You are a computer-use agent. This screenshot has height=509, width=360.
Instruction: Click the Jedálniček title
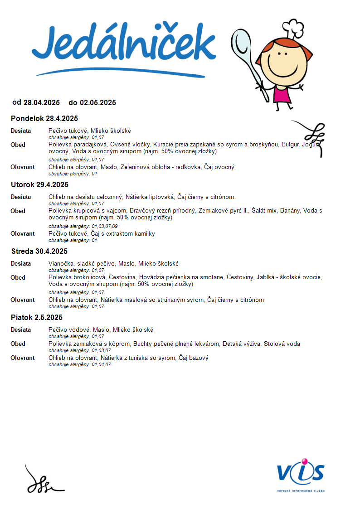pos(123,48)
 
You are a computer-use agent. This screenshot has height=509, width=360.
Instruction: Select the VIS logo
pos(301,474)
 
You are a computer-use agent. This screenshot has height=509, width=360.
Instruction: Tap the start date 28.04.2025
pos(42,103)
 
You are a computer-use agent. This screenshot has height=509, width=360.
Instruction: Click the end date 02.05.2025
pos(97,103)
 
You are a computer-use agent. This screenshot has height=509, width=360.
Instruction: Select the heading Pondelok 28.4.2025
pos(44,119)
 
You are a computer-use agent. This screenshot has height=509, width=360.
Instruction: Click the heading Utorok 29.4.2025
pos(39,185)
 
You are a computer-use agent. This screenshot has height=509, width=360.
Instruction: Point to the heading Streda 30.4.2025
pos(39,252)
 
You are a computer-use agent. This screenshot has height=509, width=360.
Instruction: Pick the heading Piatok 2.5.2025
pos(37,318)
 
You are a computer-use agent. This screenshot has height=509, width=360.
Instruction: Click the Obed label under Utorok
pos(18,211)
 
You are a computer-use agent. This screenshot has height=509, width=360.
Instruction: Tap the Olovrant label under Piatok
pos(23,358)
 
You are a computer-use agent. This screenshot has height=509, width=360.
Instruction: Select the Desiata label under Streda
pos(21,264)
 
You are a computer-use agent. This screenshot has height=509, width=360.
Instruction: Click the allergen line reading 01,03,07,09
pos(83,226)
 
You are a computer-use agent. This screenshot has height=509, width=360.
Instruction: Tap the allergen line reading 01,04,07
pos(80,364)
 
